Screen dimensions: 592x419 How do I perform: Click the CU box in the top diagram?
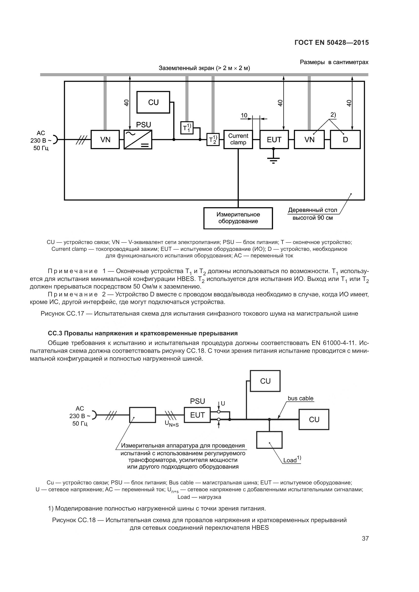153,102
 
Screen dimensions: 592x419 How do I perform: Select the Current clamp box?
238,139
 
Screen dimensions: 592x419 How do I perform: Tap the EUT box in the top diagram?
274,139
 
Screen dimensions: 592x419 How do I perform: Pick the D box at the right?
345,139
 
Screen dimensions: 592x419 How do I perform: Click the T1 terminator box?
187,128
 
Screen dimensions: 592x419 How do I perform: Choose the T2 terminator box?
213,139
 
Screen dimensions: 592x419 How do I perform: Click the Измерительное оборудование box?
238,218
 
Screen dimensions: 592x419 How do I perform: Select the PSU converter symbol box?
138,139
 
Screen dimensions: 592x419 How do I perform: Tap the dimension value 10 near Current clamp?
244,115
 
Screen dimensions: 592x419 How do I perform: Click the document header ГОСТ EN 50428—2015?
332,43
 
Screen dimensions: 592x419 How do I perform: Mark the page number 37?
365,538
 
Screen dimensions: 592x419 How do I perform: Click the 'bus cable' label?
300,398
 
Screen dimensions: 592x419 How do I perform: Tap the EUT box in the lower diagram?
197,415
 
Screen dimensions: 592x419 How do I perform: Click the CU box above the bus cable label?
265,381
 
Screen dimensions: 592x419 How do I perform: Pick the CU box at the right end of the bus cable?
314,419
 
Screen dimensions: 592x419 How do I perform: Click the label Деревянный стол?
312,210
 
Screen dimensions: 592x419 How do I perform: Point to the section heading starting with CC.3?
143,333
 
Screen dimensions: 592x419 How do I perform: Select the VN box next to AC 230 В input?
105,139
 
